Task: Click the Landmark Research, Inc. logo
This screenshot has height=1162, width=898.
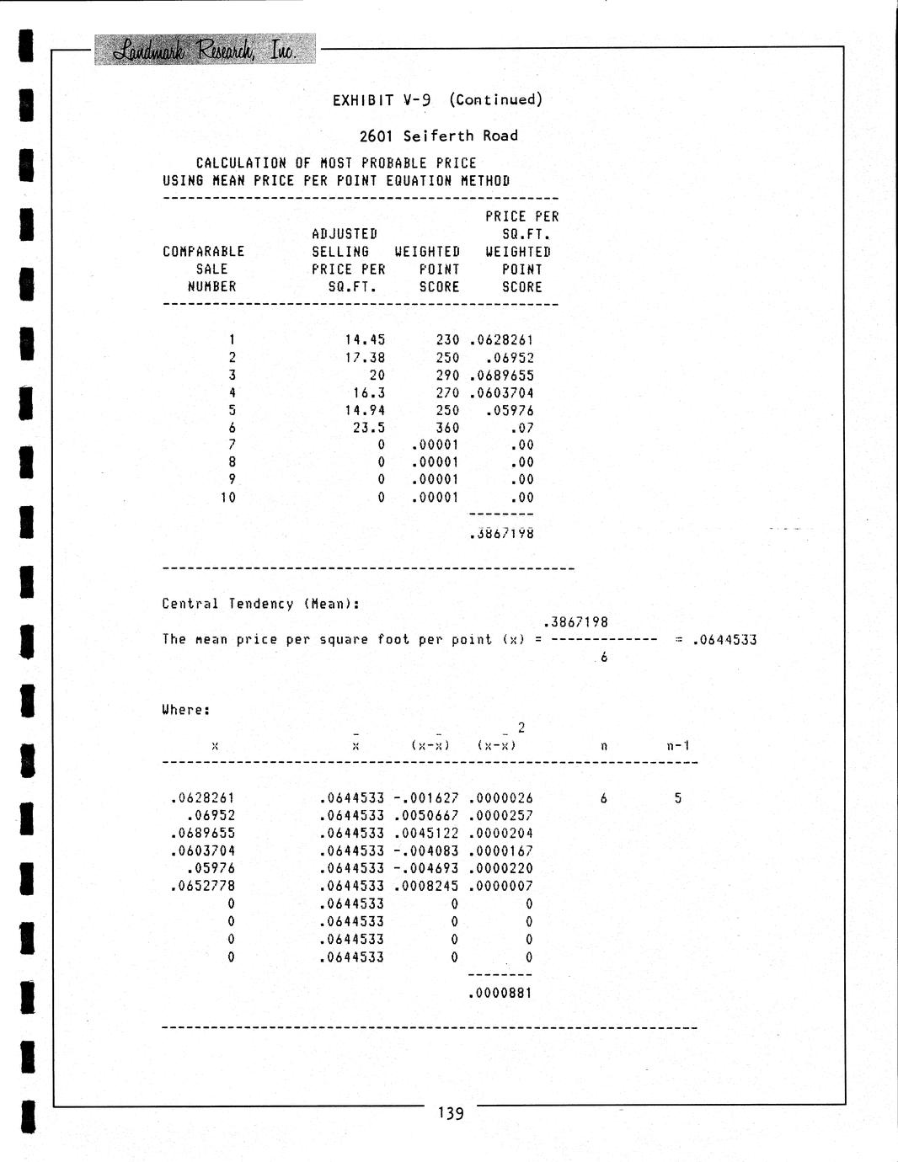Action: (205, 50)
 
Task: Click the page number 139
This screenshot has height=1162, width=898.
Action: (451, 1113)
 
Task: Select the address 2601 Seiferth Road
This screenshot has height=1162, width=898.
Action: (438, 136)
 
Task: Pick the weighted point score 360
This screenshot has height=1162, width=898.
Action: (447, 428)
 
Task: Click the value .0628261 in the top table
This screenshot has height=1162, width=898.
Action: (501, 340)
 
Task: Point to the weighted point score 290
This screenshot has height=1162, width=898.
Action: (447, 376)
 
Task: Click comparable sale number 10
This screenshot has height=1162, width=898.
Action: (228, 498)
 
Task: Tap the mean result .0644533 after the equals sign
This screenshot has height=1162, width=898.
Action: (724, 640)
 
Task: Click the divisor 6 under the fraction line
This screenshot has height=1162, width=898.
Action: (604, 658)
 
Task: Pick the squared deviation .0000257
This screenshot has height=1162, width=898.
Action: (500, 816)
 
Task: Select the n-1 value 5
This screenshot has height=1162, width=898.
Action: (678, 798)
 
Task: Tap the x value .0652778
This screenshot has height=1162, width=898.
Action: (202, 886)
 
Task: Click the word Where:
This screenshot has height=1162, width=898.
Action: (186, 710)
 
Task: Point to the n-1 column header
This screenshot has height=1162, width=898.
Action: (678, 745)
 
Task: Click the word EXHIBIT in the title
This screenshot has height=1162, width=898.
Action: (363, 100)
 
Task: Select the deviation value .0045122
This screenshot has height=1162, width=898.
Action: (425, 834)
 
